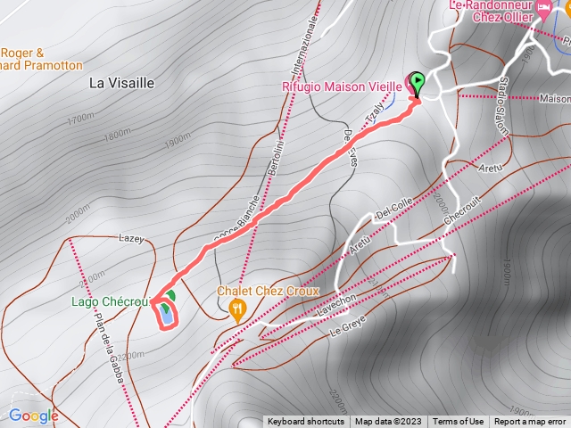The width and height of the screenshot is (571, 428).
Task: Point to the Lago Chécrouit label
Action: tap(109, 302)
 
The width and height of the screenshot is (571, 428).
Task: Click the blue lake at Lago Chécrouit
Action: tap(166, 314)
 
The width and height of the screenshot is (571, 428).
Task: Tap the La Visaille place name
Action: tap(122, 83)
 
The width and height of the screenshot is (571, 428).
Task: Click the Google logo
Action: tap(33, 416)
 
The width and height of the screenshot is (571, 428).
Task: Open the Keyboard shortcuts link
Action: tap(305, 422)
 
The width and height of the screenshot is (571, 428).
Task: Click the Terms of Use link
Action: tap(459, 422)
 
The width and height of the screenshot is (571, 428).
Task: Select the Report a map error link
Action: tap(530, 422)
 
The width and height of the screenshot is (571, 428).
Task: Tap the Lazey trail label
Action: tap(131, 239)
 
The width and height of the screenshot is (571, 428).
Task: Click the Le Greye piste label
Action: tap(348, 325)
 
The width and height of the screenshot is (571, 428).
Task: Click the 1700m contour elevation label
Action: tap(80, 118)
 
